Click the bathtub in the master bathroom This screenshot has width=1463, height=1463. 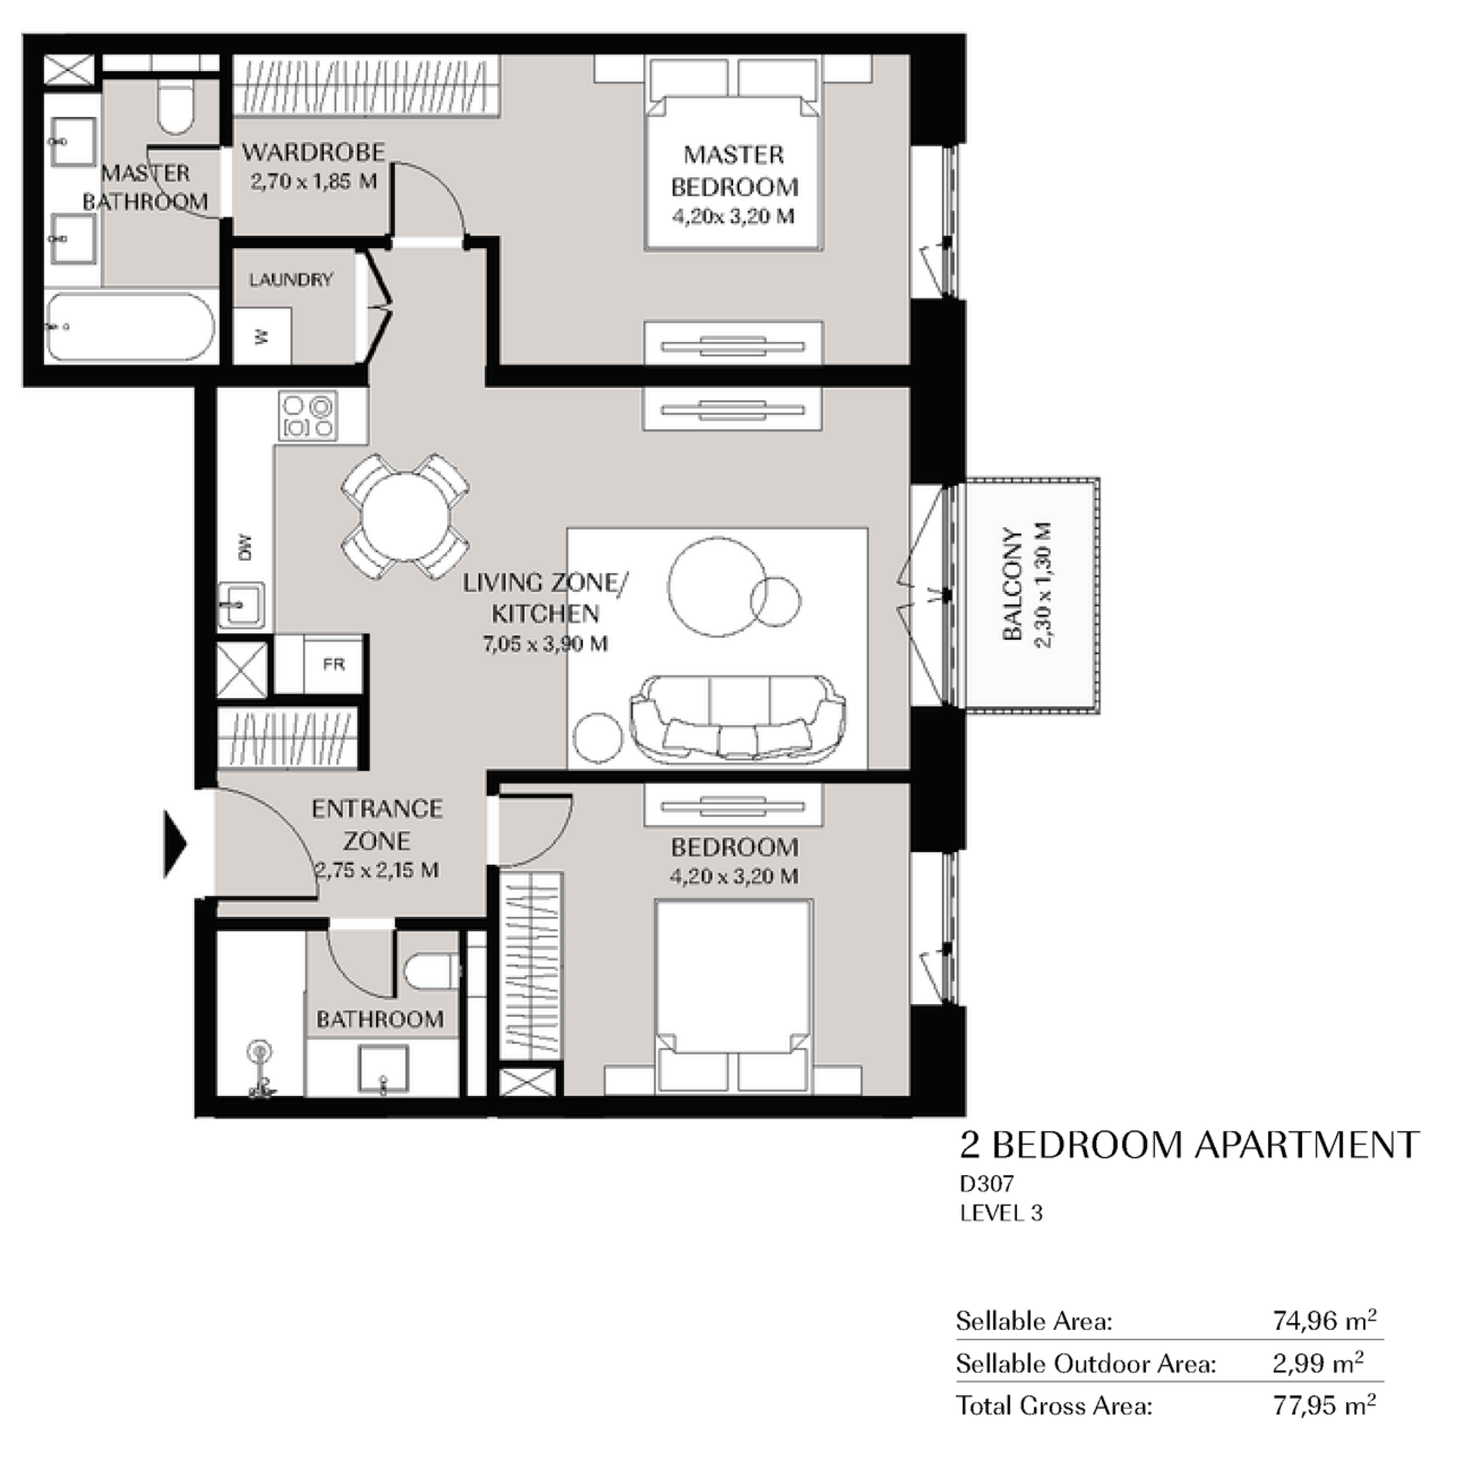tap(130, 327)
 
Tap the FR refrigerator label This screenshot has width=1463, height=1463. tap(334, 664)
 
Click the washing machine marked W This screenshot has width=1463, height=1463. tap(262, 336)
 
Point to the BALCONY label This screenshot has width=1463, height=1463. tap(1012, 584)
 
